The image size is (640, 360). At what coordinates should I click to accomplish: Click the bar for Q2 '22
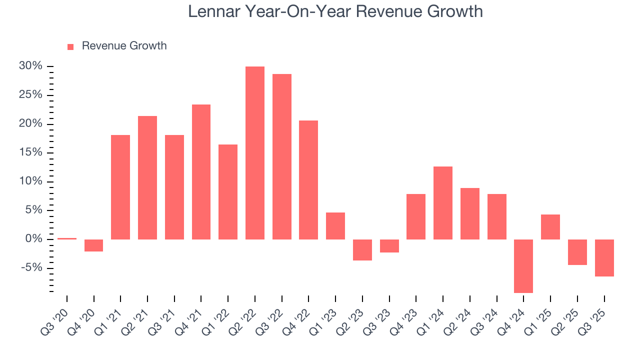254,152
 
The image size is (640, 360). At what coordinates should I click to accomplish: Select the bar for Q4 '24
523,266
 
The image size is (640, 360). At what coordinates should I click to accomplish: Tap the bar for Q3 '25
604,257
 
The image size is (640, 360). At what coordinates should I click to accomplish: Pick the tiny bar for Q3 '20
67,238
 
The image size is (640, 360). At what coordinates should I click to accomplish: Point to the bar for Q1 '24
443,202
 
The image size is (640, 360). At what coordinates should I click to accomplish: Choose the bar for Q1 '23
335,225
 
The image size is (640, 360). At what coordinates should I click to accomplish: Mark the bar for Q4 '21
201,171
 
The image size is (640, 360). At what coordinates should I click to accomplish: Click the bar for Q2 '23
362,249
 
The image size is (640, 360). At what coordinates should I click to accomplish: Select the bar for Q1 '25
550,226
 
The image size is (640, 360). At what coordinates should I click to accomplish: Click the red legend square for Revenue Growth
70,46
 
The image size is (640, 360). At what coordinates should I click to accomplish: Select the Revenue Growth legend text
124,46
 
